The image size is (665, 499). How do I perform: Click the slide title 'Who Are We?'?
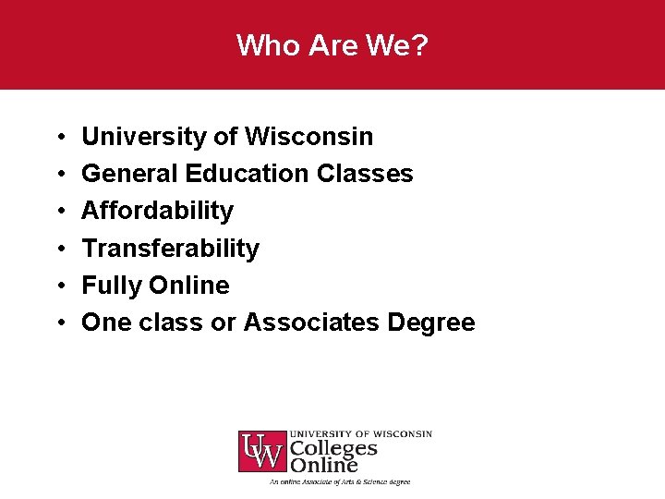(x=332, y=45)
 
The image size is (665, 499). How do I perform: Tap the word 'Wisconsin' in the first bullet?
(x=308, y=137)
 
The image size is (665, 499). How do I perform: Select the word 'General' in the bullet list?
(x=129, y=174)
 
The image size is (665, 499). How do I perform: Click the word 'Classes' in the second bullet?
(x=366, y=174)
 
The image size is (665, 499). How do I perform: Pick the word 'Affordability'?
(x=158, y=211)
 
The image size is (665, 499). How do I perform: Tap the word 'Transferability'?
(x=171, y=249)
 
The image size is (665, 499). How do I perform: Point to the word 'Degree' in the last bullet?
(x=432, y=323)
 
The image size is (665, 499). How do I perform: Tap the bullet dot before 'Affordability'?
(x=59, y=212)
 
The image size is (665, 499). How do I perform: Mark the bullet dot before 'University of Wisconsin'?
(x=59, y=138)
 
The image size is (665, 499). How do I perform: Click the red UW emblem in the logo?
(x=262, y=451)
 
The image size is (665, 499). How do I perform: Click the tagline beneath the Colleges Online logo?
(x=339, y=481)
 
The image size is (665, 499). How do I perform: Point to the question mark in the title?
(x=421, y=45)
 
